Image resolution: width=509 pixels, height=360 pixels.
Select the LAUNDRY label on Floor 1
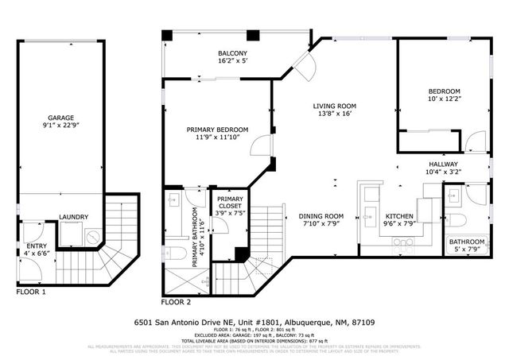[73, 217]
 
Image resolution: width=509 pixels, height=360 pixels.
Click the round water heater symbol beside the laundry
[92, 236]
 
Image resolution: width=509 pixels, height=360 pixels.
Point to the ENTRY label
[37, 246]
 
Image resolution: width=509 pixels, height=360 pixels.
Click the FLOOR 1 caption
[31, 292]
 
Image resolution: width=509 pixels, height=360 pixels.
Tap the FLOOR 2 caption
[177, 303]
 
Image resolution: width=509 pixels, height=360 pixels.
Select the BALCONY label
[233, 54]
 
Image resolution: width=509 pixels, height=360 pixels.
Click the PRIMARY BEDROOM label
[217, 130]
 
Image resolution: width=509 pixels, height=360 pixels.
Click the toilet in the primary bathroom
[178, 254]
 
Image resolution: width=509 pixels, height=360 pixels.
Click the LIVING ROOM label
[334, 106]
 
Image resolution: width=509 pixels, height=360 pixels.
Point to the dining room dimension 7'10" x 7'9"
[321, 223]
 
